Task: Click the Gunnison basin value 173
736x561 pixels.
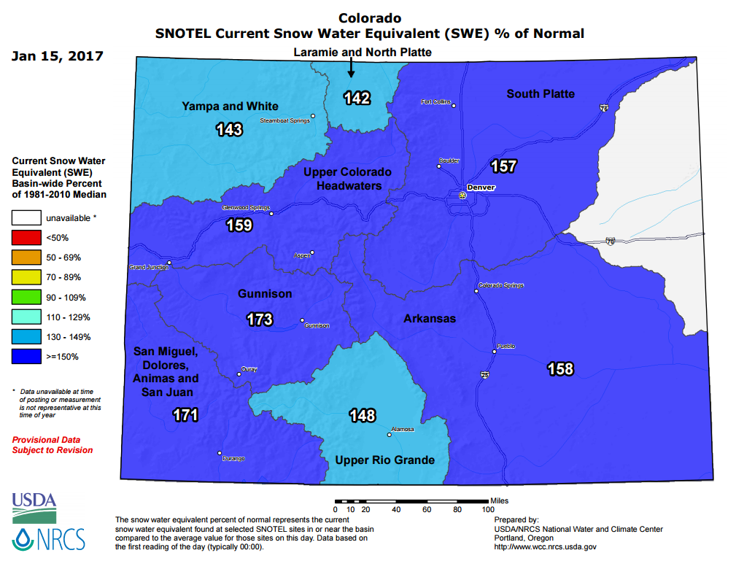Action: [259, 320]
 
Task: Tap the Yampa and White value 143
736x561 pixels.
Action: [229, 130]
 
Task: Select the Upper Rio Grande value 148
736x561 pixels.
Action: [362, 416]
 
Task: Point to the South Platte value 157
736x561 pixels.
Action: [503, 166]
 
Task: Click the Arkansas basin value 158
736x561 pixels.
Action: [560, 369]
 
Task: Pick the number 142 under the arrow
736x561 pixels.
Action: [357, 98]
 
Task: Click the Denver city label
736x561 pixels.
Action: [481, 187]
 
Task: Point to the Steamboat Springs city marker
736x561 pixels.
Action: [313, 116]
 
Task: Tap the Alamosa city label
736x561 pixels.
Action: [403, 429]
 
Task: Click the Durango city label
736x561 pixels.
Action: [233, 458]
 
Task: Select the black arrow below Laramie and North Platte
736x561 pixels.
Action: [351, 68]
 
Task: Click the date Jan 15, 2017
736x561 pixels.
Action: [58, 56]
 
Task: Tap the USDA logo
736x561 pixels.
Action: [34, 504]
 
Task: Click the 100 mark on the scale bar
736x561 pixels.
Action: [488, 509]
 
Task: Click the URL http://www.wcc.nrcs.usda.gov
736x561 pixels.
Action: [546, 546]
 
